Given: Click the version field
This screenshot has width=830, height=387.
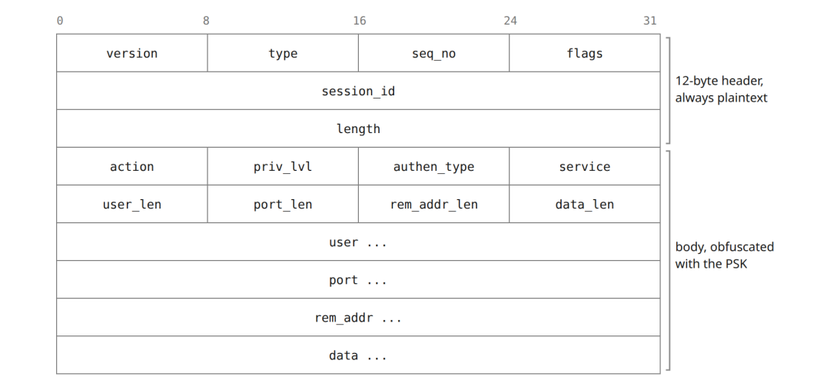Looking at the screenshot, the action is click(132, 53).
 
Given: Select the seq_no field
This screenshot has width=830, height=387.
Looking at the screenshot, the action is click(433, 53).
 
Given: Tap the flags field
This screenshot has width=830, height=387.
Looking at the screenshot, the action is click(584, 53).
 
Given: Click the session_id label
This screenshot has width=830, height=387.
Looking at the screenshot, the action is click(358, 92).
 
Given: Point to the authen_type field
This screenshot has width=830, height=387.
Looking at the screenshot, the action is click(433, 166).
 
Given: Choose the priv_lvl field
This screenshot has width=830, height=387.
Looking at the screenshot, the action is click(283, 166).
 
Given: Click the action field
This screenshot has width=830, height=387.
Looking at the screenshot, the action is click(132, 166).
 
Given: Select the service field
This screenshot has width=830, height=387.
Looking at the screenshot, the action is click(584, 166).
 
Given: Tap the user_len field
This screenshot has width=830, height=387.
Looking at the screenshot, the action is click(132, 204).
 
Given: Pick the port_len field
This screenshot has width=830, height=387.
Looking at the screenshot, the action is click(283, 204).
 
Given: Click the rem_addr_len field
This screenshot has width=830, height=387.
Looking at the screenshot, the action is click(433, 204).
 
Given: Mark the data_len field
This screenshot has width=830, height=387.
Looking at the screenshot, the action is click(584, 204).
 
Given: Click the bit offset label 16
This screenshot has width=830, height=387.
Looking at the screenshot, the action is click(360, 21).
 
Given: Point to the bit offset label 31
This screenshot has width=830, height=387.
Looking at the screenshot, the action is click(650, 21).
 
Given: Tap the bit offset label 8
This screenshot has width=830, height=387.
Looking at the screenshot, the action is click(206, 21).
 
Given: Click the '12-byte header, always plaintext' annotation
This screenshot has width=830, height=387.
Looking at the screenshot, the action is click(721, 89).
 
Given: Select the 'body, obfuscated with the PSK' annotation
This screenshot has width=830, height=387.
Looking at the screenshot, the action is click(724, 255).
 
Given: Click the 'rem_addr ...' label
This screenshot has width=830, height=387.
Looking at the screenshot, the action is click(358, 318).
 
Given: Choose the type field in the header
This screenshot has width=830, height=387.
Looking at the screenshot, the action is click(283, 53).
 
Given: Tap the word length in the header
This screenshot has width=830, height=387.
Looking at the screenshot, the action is click(358, 128).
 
